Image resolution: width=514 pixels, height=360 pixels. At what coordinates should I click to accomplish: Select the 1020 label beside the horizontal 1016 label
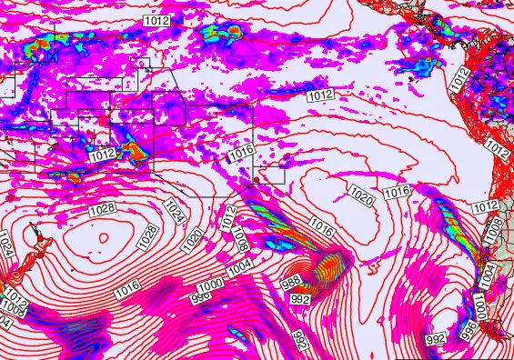click(x=361, y=195)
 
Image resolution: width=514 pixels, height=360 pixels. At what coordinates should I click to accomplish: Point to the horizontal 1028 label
click(x=101, y=210)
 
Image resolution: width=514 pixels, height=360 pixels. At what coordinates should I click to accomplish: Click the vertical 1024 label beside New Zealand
click(x=7, y=244)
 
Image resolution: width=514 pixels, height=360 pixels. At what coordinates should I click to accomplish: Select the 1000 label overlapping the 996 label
click(x=210, y=286)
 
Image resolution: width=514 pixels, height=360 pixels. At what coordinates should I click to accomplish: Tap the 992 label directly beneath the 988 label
click(x=301, y=299)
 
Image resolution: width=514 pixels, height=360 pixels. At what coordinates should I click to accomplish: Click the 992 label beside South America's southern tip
click(x=436, y=339)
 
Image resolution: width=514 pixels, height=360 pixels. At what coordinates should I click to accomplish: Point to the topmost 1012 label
click(x=156, y=20)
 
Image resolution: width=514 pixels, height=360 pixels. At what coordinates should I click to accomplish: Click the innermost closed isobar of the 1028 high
click(x=102, y=238)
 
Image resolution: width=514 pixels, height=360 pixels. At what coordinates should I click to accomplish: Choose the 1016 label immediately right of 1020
click(x=397, y=192)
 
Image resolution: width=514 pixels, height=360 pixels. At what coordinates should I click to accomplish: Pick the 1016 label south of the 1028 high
click(x=128, y=286)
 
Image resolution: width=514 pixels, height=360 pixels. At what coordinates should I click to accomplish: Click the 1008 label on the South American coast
click(x=492, y=233)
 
